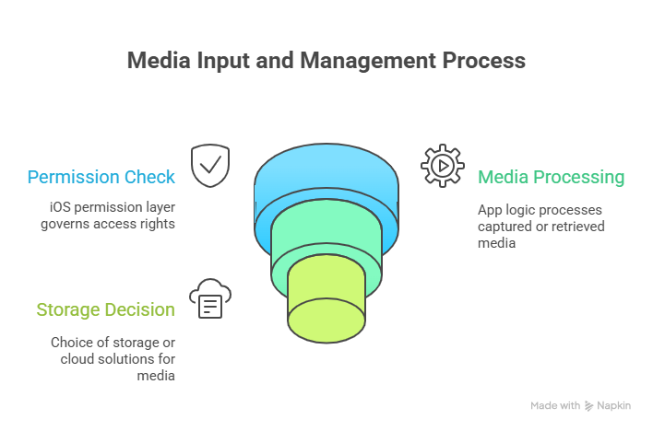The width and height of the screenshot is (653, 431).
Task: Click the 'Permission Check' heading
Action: click(101, 177)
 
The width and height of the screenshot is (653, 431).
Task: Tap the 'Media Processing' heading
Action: click(551, 177)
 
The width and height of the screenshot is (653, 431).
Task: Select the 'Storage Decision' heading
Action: click(105, 309)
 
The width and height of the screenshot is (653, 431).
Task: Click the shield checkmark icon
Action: click(209, 165)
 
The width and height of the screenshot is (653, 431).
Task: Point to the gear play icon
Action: click(442, 166)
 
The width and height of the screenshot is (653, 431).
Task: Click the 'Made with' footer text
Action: click(555, 405)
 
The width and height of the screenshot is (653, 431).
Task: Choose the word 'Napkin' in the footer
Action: click(613, 405)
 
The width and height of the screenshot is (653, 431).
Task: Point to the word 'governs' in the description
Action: click(65, 224)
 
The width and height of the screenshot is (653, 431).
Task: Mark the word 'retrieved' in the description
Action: click(575, 226)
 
